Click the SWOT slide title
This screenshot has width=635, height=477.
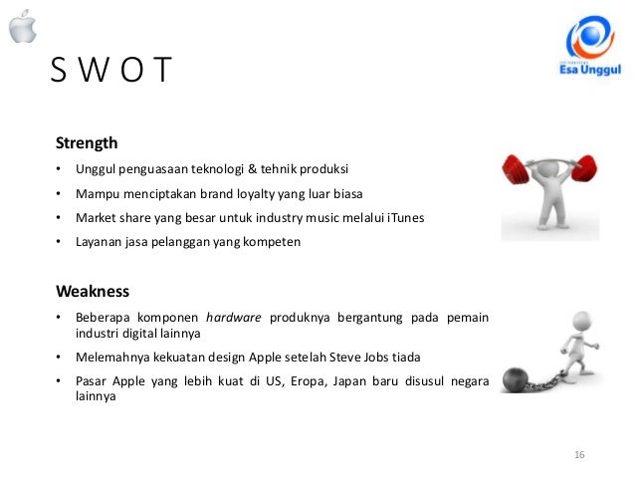[x=110, y=72]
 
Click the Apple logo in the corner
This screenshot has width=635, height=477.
[x=22, y=28]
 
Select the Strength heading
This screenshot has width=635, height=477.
[x=87, y=142]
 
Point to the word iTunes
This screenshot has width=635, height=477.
[x=404, y=216]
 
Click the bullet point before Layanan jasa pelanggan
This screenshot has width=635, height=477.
[x=59, y=241]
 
